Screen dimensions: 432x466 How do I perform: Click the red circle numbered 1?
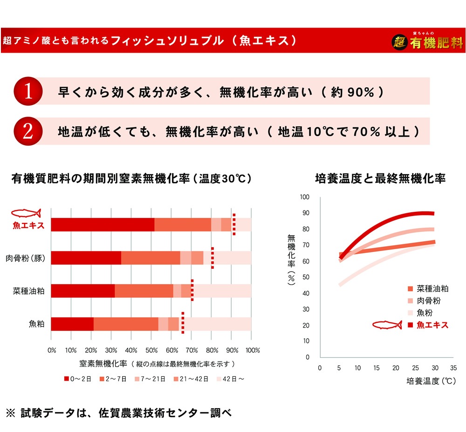pyautogui.click(x=27, y=91)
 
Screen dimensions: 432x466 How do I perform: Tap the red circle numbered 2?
pyautogui.click(x=27, y=131)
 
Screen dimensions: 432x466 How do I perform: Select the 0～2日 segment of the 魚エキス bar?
pyautogui.click(x=103, y=224)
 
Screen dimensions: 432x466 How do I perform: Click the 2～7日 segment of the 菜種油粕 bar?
pyautogui.click(x=144, y=291)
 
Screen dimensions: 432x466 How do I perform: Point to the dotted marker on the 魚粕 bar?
pyautogui.click(x=183, y=323)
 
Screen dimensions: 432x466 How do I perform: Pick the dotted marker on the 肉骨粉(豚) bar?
pyautogui.click(x=212, y=258)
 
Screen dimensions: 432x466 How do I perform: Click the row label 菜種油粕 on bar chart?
pyautogui.click(x=28, y=291)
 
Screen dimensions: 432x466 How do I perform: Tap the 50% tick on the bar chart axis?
pyautogui.click(x=151, y=350)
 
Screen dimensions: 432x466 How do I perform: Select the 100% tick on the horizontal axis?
pyautogui.click(x=252, y=350)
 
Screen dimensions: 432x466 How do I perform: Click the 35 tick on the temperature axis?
pyautogui.click(x=453, y=368)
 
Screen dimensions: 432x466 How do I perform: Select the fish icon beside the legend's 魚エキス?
pyautogui.click(x=387, y=325)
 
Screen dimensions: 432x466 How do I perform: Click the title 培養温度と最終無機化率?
pyautogui.click(x=380, y=178)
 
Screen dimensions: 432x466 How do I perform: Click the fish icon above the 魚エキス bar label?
pyautogui.click(x=26, y=214)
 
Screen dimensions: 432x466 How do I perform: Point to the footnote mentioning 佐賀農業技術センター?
pyautogui.click(x=119, y=413)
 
